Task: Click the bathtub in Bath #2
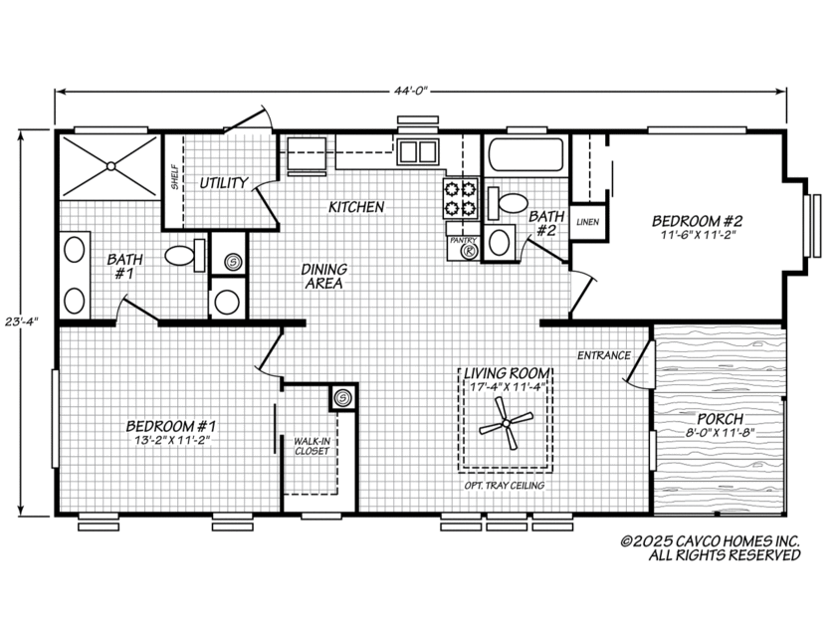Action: click(525, 157)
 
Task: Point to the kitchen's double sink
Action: click(419, 152)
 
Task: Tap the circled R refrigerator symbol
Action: click(468, 252)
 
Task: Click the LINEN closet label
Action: click(587, 221)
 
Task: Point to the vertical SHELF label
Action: click(175, 178)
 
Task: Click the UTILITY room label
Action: click(223, 183)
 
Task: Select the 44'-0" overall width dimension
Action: click(409, 92)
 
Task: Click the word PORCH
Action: click(719, 419)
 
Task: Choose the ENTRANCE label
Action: click(603, 355)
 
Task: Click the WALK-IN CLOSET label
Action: click(311, 445)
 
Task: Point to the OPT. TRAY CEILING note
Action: click(505, 486)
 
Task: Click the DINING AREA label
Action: click(323, 276)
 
